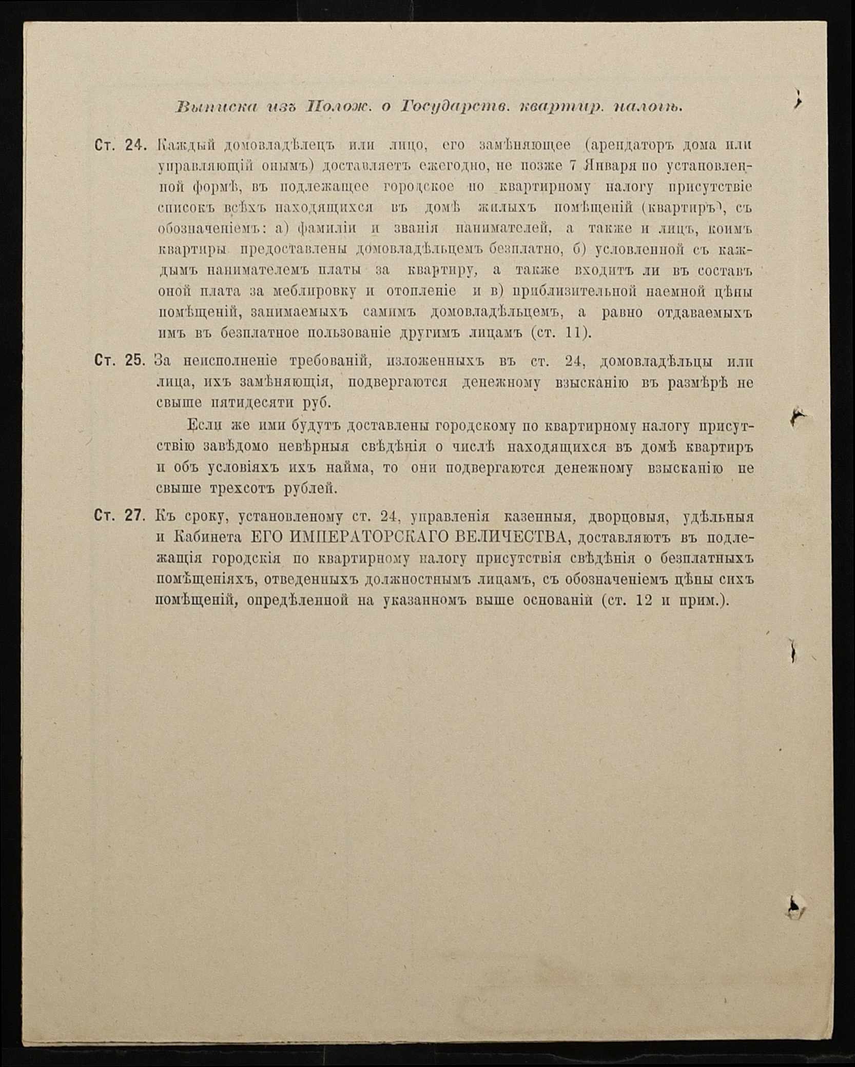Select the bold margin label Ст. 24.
(x=121, y=146)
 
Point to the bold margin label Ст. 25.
(x=120, y=360)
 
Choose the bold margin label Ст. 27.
(x=120, y=516)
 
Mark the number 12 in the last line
(x=644, y=600)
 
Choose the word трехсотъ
(x=241, y=488)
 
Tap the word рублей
(x=310, y=488)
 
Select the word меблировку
(x=314, y=291)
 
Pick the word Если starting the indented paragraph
(x=204, y=425)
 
